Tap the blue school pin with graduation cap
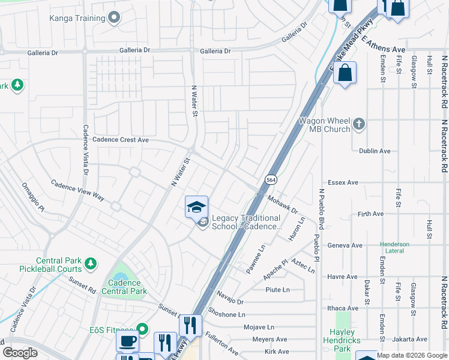pyautogui.click(x=196, y=207)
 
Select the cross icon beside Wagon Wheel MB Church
pyautogui.click(x=358, y=124)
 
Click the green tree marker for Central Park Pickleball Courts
pyautogui.click(x=91, y=263)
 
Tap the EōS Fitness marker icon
pyautogui.click(x=142, y=328)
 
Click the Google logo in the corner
pyautogui.click(x=20, y=352)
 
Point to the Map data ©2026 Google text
pyautogui.click(x=412, y=355)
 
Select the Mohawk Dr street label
pyautogui.click(x=282, y=206)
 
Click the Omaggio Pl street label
pyautogui.click(x=33, y=197)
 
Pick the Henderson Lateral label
pyautogui.click(x=394, y=248)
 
